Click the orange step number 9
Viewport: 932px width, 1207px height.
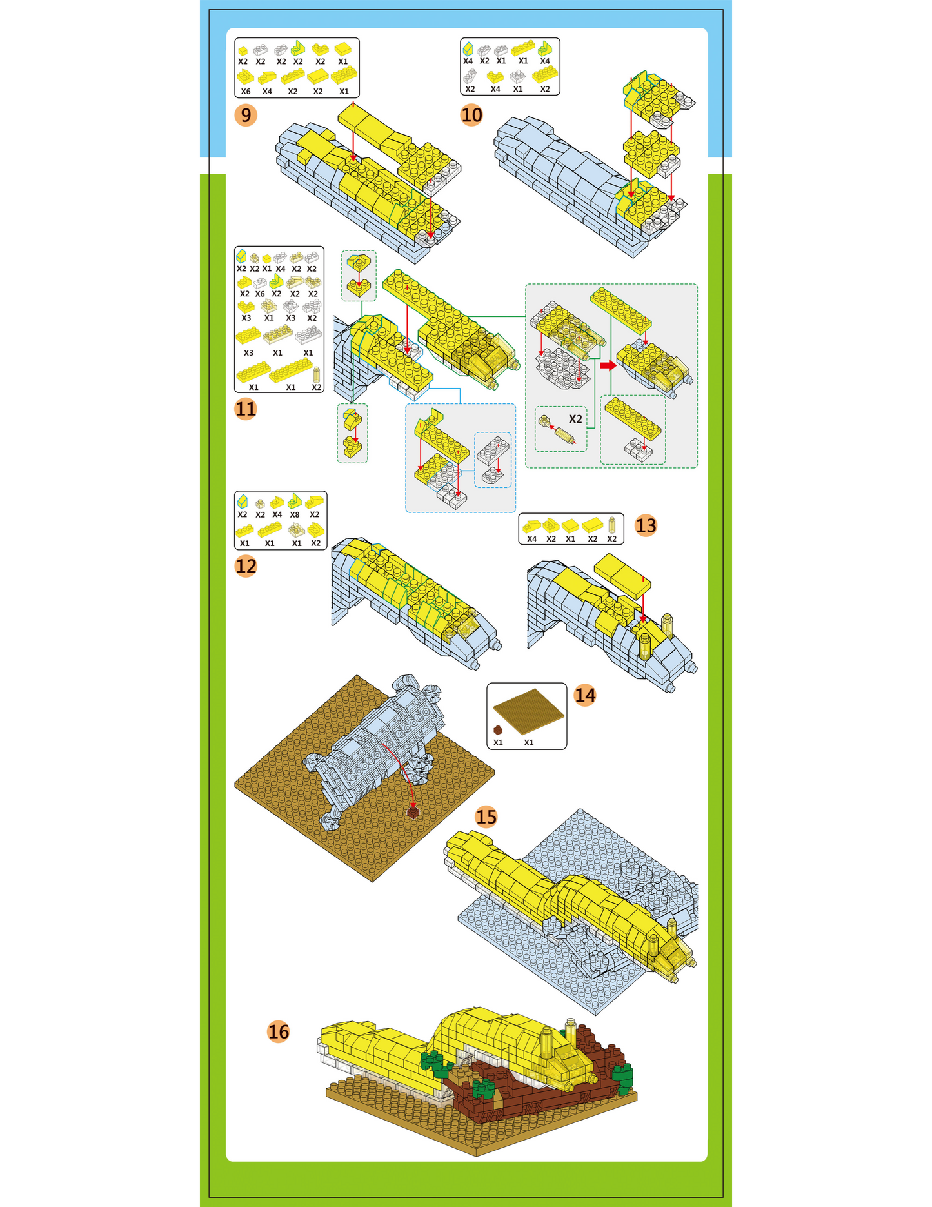click(x=246, y=115)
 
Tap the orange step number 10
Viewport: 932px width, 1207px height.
click(x=471, y=115)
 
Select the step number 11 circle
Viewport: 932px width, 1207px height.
click(x=246, y=409)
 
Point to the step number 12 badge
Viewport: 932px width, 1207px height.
click(x=246, y=566)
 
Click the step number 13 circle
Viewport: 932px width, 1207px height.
click(x=646, y=525)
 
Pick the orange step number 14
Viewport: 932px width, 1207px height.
click(x=585, y=695)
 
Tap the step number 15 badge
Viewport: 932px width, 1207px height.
click(x=486, y=817)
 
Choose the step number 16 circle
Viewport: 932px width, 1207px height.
click(x=279, y=1031)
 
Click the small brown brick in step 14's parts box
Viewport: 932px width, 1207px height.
click(x=498, y=730)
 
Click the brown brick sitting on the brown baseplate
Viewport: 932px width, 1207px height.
click(x=413, y=812)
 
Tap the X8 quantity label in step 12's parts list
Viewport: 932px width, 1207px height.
click(x=295, y=515)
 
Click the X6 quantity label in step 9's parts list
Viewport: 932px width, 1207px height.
click(x=246, y=92)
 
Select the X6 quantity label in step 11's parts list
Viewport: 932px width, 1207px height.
click(x=260, y=294)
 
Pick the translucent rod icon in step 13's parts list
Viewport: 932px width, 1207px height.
click(x=612, y=524)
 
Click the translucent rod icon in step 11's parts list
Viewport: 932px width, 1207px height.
click(x=317, y=375)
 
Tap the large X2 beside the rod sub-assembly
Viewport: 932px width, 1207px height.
click(x=575, y=419)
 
